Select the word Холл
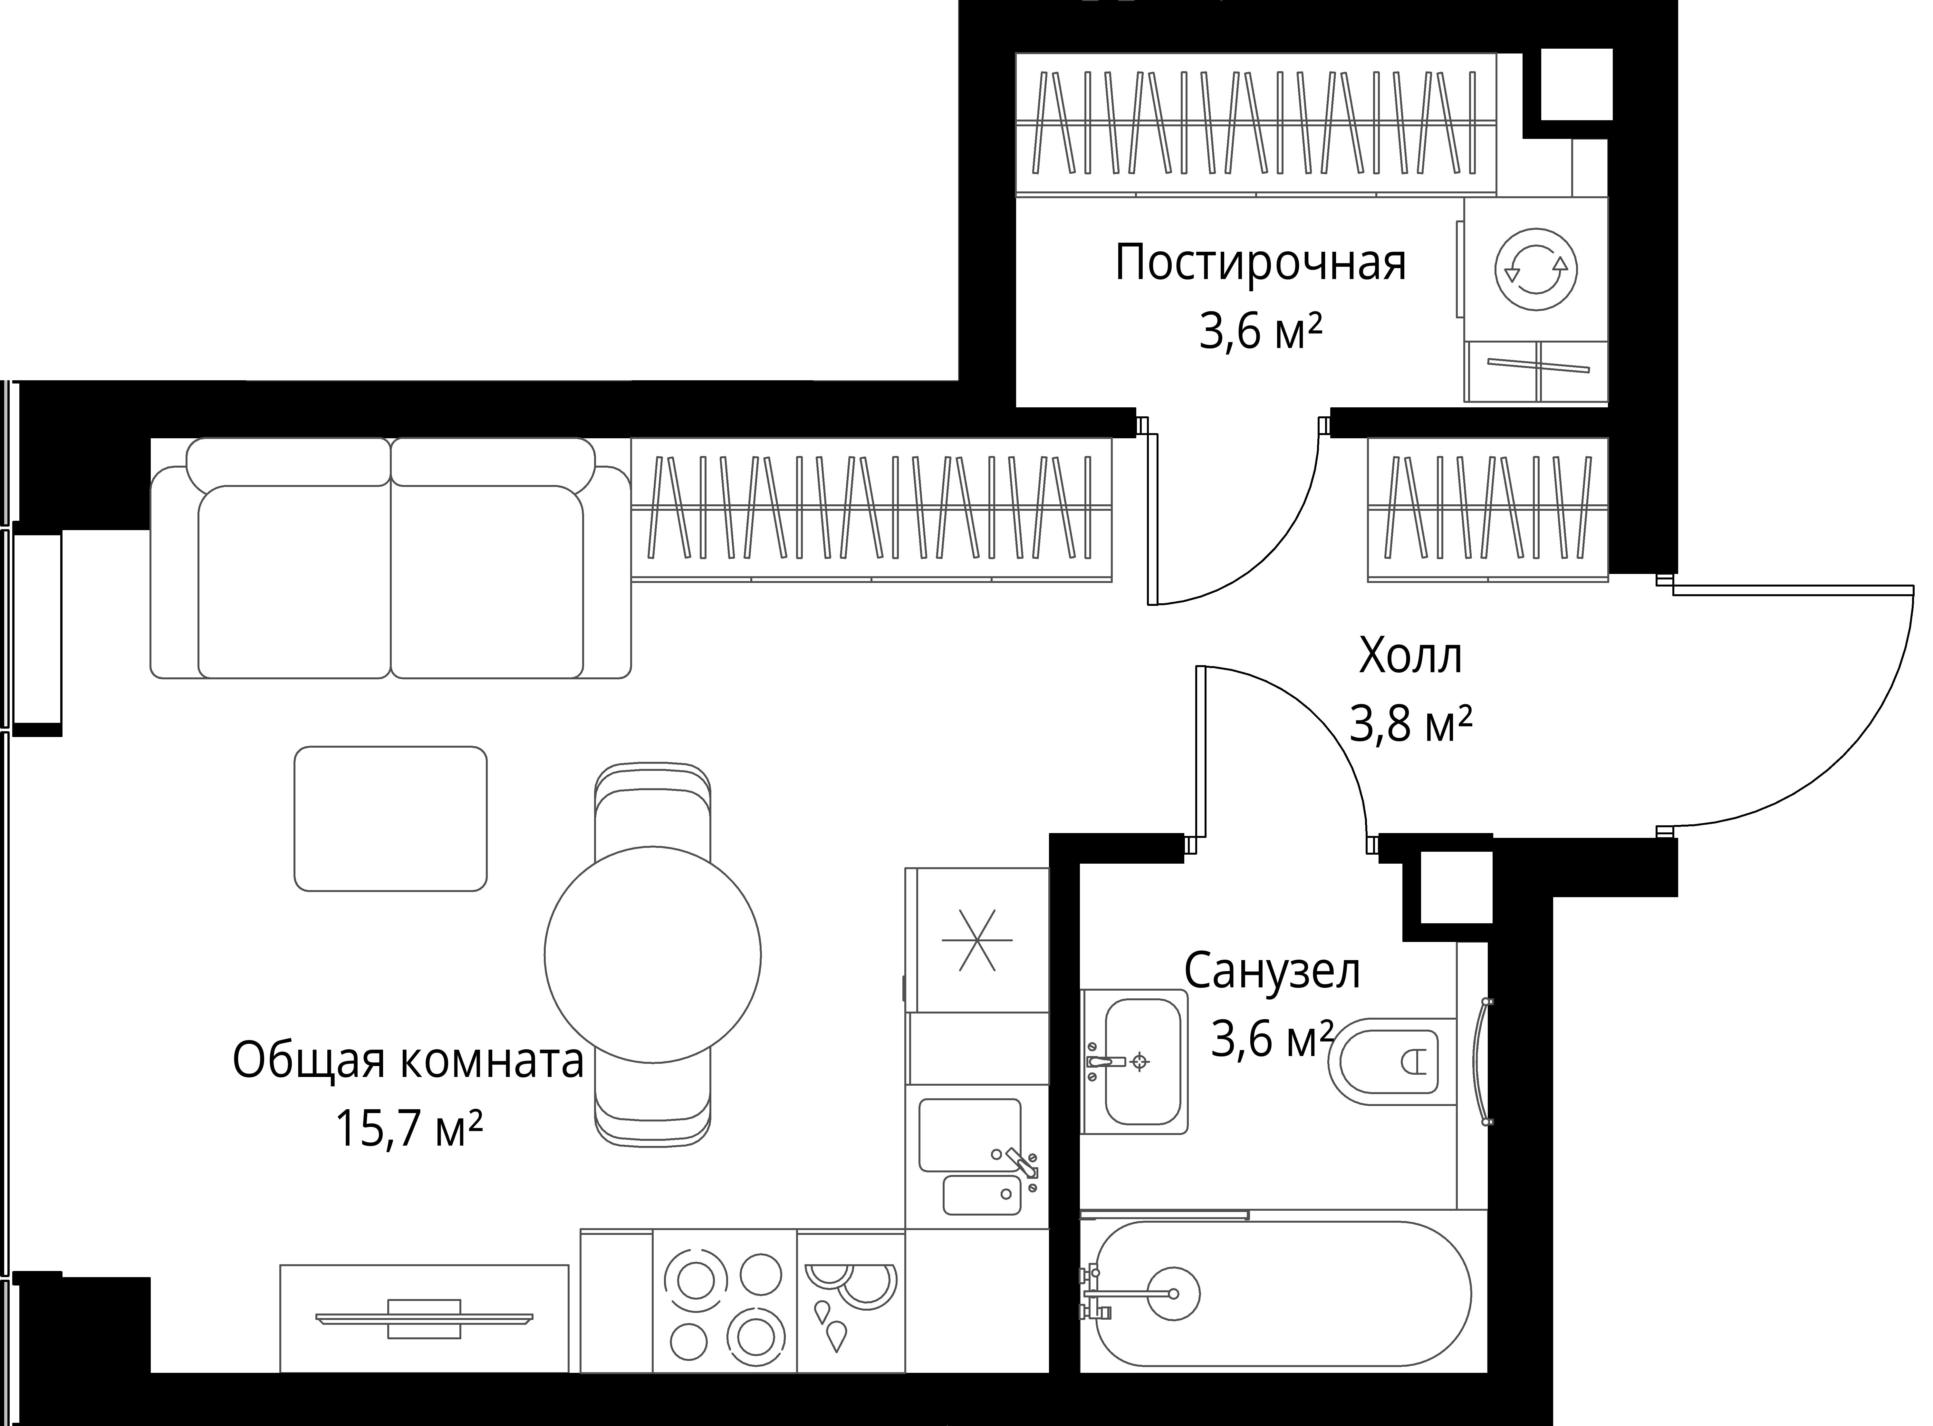coord(1410,658)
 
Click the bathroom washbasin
coord(1142,1062)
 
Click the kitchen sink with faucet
coord(975,1157)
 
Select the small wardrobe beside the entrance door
coord(1488,509)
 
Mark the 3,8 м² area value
coord(1410,725)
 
